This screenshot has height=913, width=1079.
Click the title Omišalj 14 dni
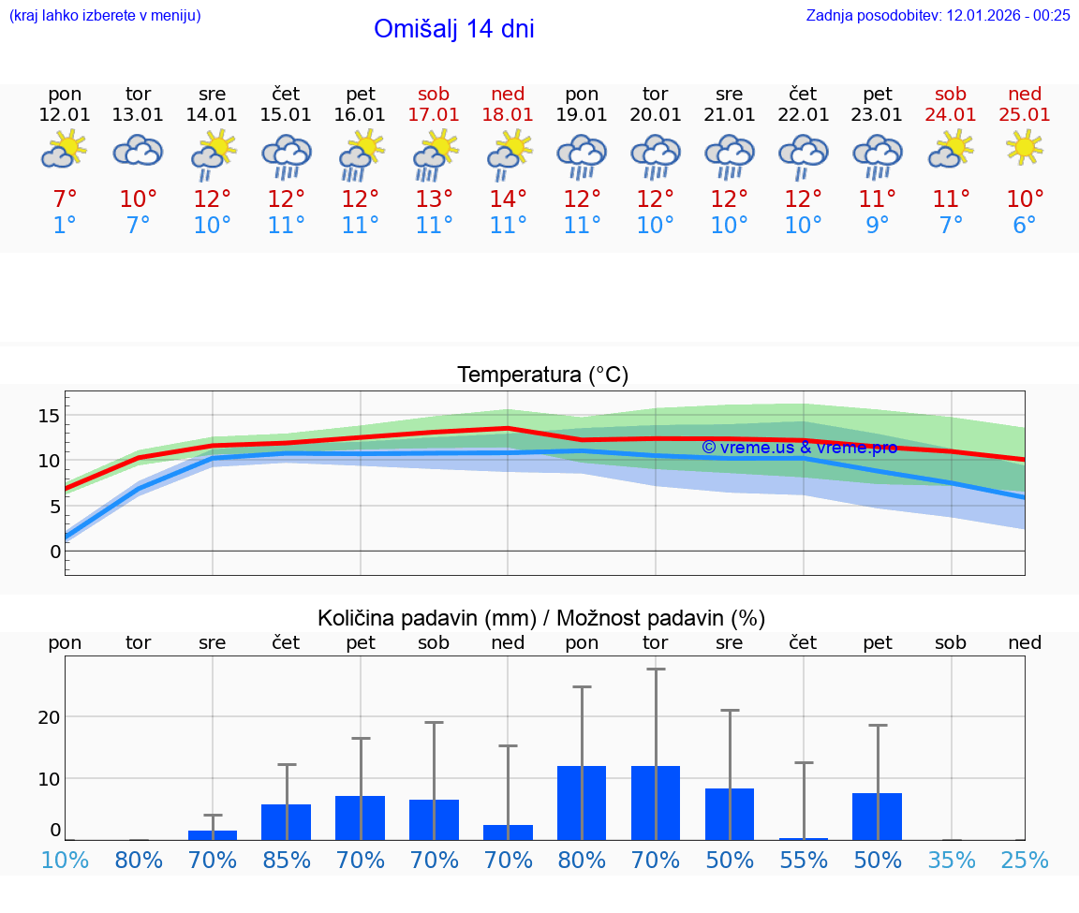coord(453,29)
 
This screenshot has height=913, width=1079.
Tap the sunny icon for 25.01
coord(1025,148)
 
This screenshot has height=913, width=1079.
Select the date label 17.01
coord(434,114)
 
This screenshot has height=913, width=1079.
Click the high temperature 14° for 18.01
coord(508,199)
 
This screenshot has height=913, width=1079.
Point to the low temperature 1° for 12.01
coord(65,226)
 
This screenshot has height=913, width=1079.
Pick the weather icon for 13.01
coord(138,150)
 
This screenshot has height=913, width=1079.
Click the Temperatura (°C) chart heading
coord(542,376)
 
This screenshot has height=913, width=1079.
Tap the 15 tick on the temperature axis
coord(49,415)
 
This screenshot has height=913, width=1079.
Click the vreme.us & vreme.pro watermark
coord(799,448)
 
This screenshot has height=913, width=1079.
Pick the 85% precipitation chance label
coord(286,860)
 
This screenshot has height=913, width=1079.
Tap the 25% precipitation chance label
coord(1025,860)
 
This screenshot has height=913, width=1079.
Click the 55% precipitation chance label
coord(804,860)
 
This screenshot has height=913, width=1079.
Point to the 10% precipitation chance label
coord(65,860)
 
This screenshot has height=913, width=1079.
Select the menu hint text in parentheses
coord(105,15)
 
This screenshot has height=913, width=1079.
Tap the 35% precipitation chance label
coord(952,860)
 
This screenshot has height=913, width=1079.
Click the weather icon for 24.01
coord(951,149)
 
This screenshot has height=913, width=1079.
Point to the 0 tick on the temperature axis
coord(55,552)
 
